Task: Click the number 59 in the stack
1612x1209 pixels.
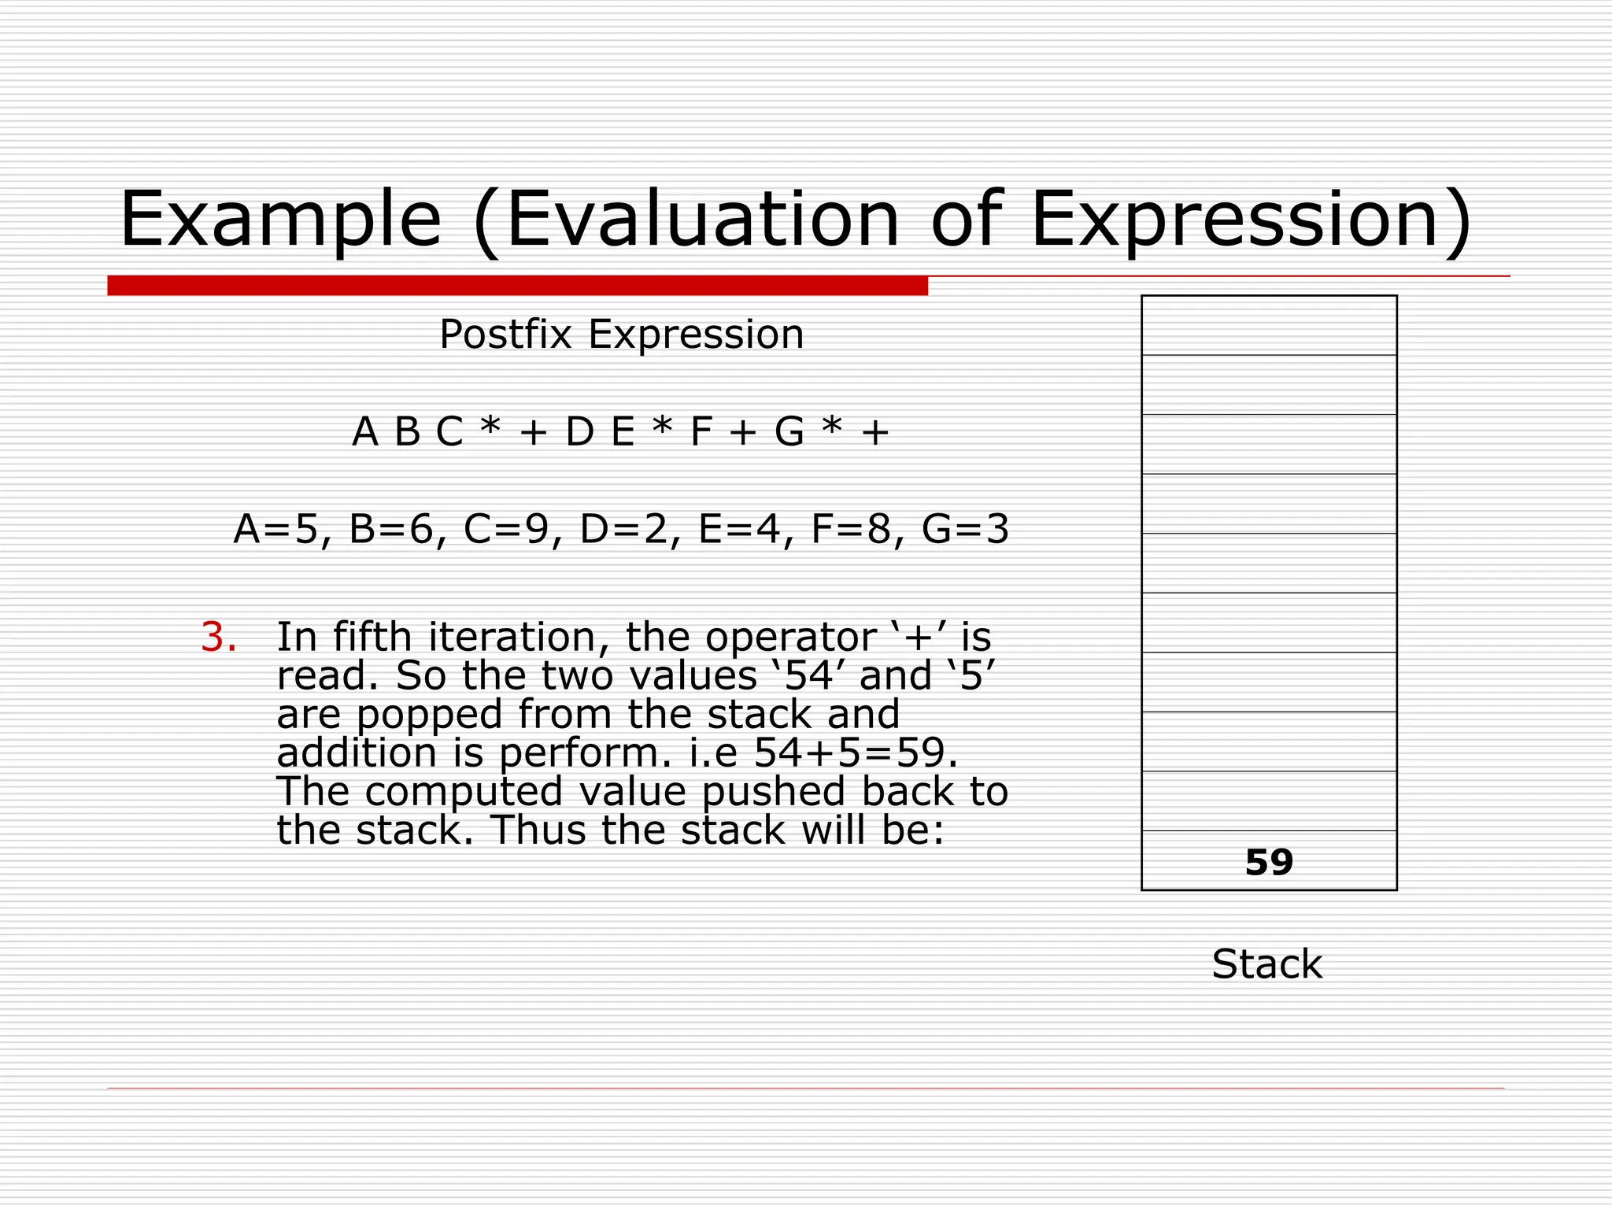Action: click(x=1269, y=863)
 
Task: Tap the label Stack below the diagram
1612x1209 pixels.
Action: click(x=1266, y=964)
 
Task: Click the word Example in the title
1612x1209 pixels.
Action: click(x=280, y=220)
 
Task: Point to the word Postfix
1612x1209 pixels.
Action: click(x=505, y=335)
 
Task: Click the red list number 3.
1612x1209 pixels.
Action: click(x=218, y=638)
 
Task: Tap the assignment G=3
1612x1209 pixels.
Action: click(x=965, y=529)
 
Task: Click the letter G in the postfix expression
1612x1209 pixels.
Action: click(x=789, y=432)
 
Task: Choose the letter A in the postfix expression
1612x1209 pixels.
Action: click(x=365, y=432)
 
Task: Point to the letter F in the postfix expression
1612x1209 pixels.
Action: click(x=701, y=432)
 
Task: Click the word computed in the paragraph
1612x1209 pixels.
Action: click(x=464, y=792)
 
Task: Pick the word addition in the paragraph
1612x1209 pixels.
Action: click(x=357, y=753)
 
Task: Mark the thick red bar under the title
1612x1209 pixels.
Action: click(x=517, y=286)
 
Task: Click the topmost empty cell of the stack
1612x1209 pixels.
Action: click(x=1269, y=326)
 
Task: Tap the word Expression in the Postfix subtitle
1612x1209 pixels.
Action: click(x=696, y=335)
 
